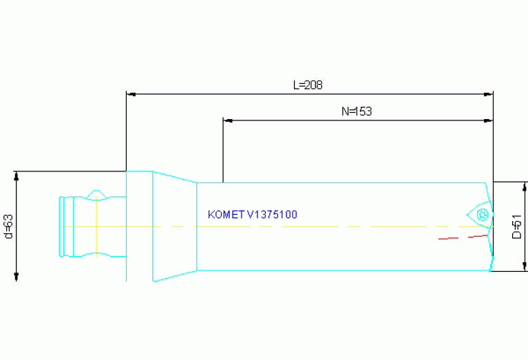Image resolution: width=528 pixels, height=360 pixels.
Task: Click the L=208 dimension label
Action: pos(308,85)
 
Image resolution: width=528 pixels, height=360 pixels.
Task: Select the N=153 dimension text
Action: pos(357,111)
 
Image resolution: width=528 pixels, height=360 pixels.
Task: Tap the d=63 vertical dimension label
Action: pos(9,226)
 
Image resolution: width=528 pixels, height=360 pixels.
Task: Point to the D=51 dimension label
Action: pos(516,226)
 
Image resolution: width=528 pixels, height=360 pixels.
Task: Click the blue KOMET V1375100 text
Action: pos(252,215)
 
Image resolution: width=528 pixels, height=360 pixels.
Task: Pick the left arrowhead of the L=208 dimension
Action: pos(131,93)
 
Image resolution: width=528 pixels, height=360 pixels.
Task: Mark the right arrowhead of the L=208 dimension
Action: pos(489,93)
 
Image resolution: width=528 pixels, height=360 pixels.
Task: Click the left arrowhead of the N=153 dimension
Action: pos(228,120)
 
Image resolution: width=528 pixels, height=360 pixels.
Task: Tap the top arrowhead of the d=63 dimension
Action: pos(16,176)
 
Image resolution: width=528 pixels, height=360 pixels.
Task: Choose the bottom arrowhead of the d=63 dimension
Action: pos(16,276)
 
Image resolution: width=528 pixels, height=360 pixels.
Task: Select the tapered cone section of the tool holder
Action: pos(175,226)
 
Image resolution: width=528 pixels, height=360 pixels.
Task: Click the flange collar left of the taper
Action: pos(139,226)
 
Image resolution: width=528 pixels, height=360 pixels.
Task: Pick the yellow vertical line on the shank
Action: pos(96,227)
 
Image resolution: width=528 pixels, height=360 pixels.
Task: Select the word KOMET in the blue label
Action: pos(226,215)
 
